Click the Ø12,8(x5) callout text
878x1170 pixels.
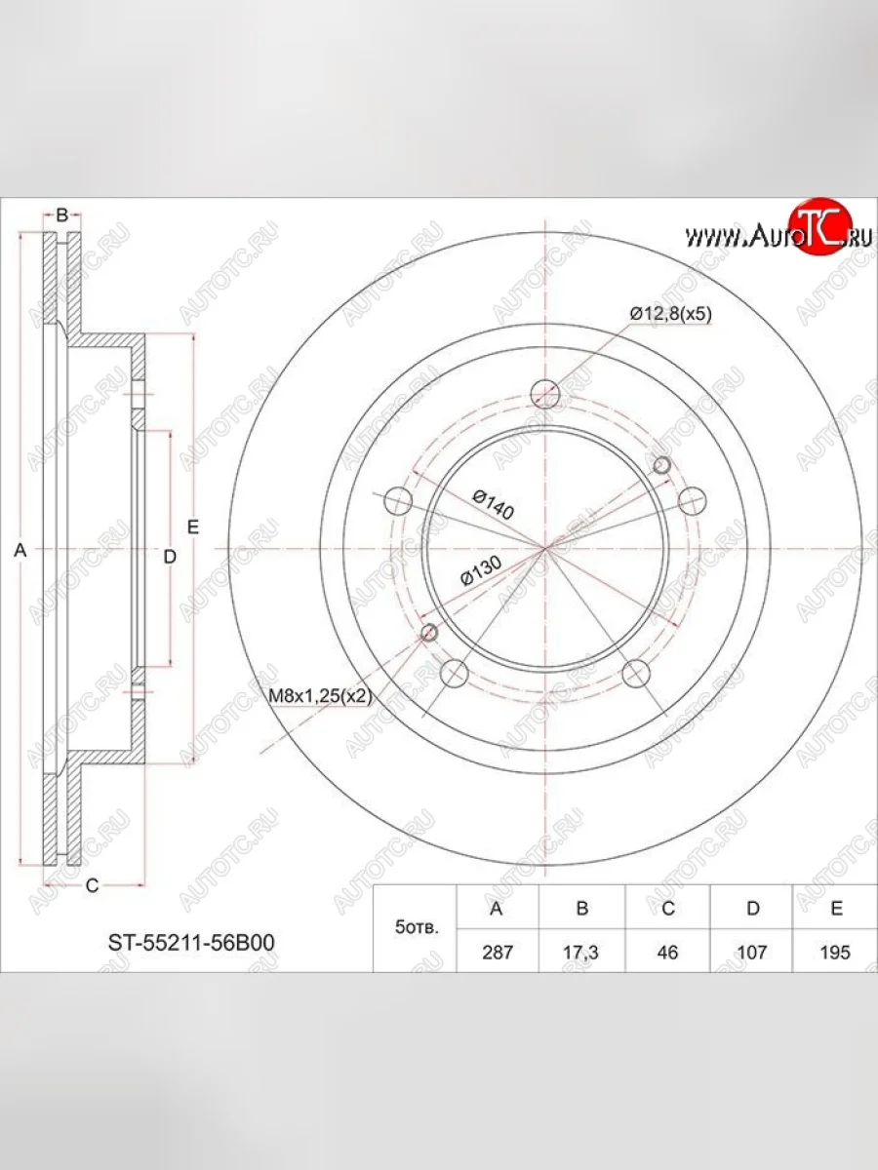click(x=670, y=314)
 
